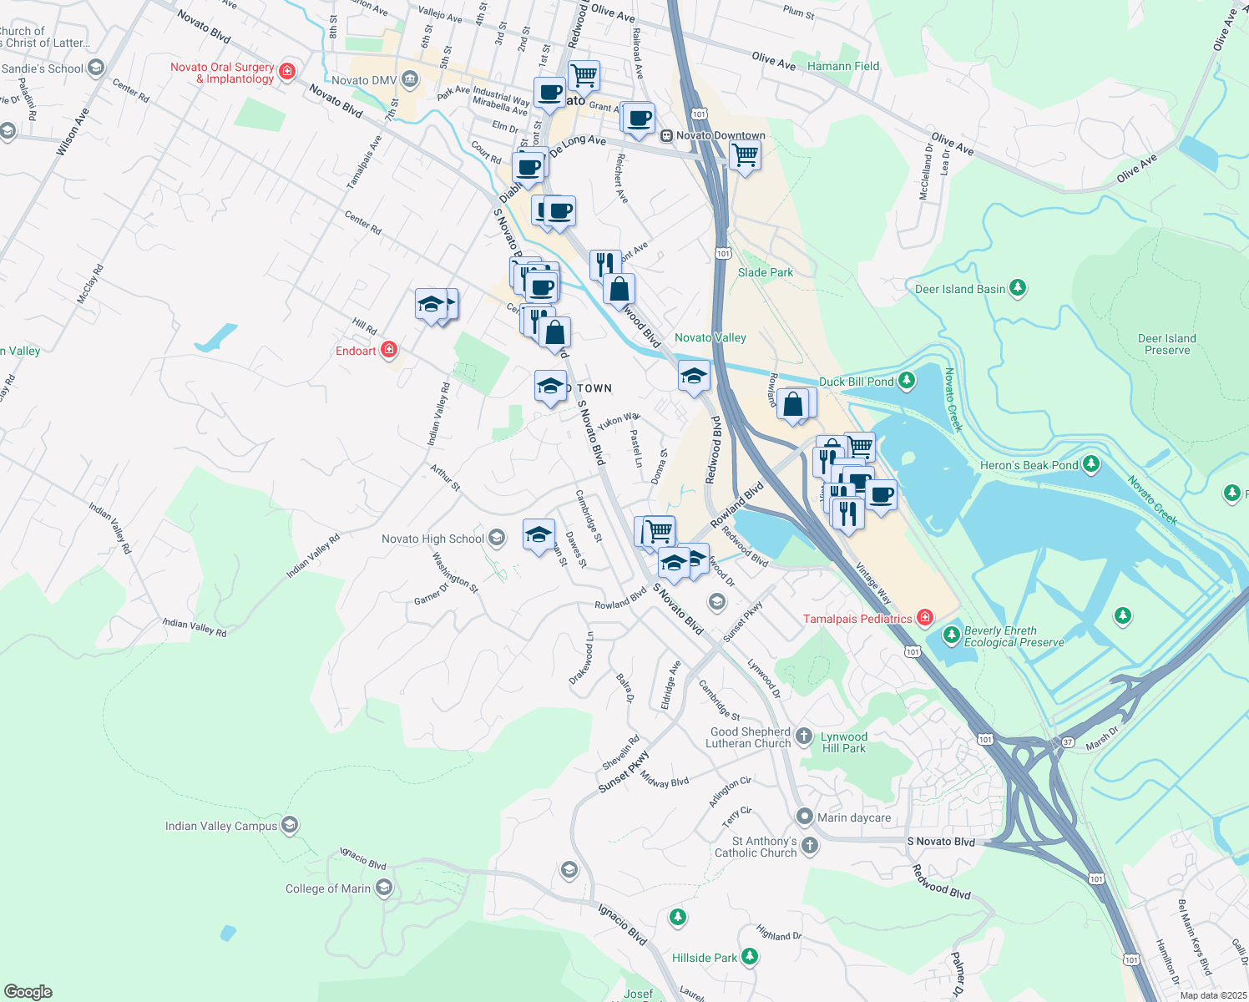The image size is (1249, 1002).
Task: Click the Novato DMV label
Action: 364,80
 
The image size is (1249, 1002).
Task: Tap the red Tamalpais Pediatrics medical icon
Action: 924,618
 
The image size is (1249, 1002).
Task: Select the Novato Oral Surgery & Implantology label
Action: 222,73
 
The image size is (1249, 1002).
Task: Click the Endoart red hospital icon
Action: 388,350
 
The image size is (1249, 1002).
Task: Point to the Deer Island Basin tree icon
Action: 1017,288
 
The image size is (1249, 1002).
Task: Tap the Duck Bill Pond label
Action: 856,382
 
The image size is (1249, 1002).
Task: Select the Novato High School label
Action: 432,539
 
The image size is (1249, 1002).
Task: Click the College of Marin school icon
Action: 384,888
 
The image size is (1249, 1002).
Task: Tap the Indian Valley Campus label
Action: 221,826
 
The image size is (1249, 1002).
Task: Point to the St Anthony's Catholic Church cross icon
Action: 809,847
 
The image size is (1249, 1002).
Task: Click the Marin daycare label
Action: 853,817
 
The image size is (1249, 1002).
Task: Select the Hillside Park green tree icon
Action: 750,957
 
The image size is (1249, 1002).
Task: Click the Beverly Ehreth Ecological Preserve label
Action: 1014,636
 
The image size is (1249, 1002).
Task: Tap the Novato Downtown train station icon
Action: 666,135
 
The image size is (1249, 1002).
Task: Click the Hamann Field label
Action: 843,66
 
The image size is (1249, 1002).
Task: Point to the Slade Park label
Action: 766,272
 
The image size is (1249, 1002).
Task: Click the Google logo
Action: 28,991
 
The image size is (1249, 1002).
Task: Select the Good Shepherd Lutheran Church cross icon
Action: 803,736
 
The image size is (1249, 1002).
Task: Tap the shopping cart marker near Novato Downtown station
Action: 744,154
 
